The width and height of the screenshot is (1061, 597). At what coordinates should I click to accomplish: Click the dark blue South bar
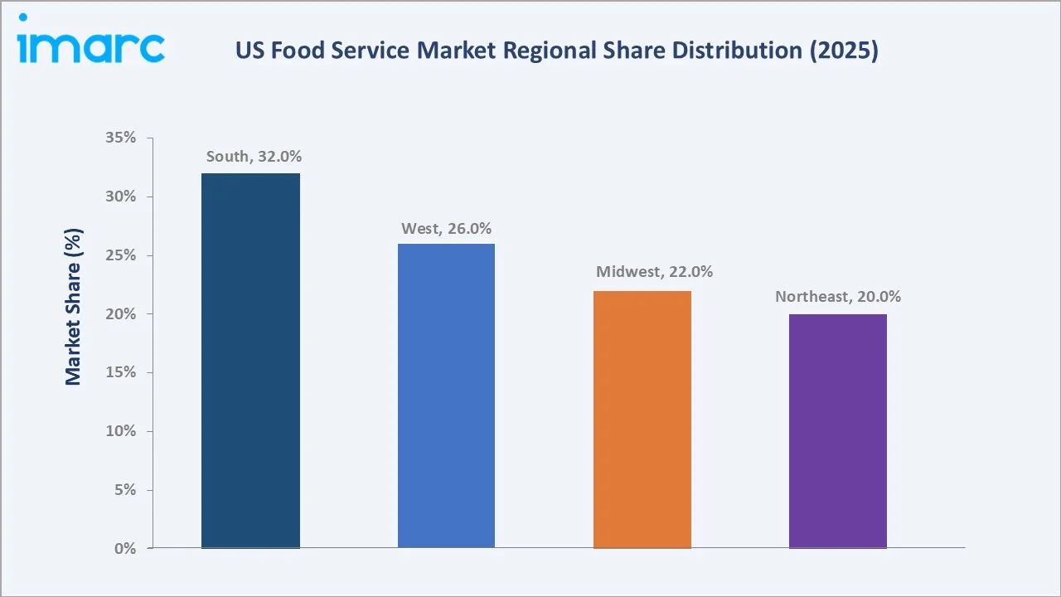pos(250,361)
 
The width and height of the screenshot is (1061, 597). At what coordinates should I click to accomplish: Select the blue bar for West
pos(446,396)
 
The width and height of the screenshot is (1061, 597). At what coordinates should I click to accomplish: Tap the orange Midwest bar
pos(642,420)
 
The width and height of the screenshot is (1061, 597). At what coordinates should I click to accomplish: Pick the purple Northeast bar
pos(837,431)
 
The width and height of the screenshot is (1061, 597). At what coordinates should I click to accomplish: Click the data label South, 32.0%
pos(254,156)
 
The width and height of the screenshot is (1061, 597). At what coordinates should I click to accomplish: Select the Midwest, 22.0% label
pos(654,272)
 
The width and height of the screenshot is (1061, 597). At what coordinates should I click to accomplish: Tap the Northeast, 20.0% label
pos(838,296)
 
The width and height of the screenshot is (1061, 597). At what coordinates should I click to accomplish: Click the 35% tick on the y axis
pos(121,138)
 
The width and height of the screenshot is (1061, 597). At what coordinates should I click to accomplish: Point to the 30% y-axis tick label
pos(121,197)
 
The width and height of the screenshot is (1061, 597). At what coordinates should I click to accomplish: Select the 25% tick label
pos(121,255)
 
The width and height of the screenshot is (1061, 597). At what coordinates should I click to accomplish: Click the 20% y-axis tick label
pos(121,314)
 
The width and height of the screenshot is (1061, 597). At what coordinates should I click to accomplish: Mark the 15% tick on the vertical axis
pos(121,372)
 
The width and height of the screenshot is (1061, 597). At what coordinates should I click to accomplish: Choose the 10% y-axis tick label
pos(121,431)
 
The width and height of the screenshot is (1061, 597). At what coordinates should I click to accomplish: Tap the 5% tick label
pos(124,490)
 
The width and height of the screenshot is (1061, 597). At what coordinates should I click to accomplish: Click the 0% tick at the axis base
pos(124,548)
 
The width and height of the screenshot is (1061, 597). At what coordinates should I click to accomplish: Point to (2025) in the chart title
pos(844,51)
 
